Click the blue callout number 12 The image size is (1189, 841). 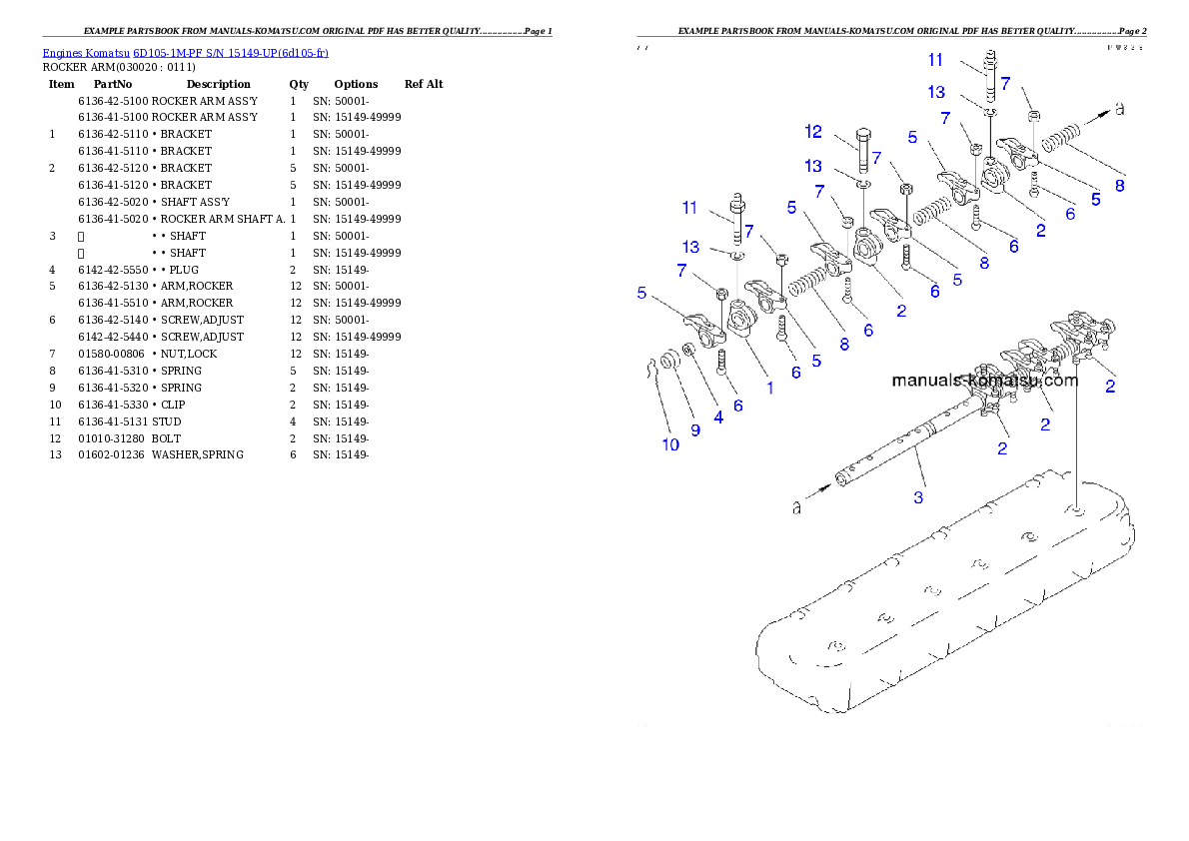click(x=813, y=132)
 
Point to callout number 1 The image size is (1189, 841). click(x=769, y=388)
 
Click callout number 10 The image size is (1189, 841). click(x=670, y=443)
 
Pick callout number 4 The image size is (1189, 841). click(x=718, y=418)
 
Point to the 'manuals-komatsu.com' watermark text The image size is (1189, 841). click(x=984, y=381)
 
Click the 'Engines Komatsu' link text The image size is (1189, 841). click(x=86, y=52)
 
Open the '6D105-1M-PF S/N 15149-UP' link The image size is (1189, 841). click(x=230, y=52)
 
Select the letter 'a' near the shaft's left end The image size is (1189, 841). click(x=796, y=508)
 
